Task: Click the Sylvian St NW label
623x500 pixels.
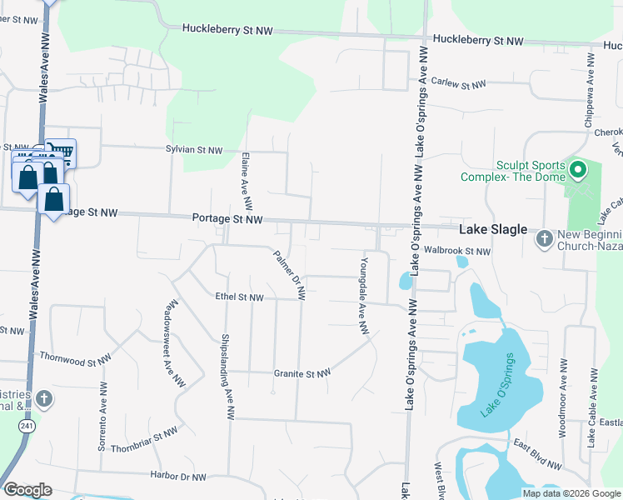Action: (194, 150)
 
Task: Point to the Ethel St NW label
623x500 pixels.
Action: (239, 297)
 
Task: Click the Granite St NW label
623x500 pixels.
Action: (302, 374)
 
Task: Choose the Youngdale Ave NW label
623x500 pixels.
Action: (363, 295)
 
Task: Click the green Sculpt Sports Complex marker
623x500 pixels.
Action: (576, 172)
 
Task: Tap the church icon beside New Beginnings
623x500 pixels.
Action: (544, 239)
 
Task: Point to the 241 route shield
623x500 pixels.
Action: (27, 426)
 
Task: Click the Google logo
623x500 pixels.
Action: (27, 490)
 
